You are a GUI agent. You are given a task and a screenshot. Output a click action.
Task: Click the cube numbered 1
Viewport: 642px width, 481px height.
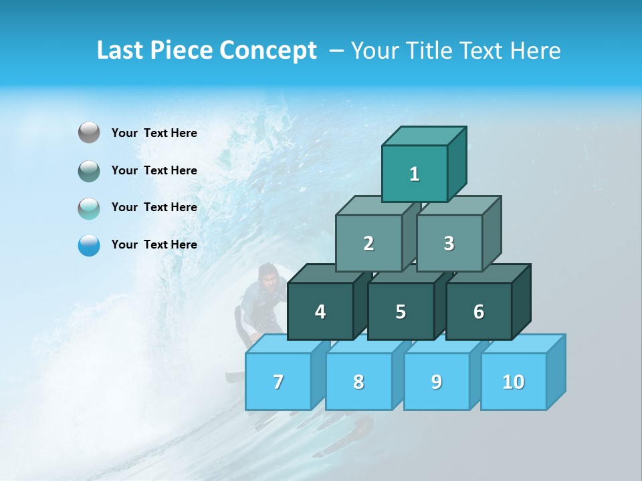coord(415,174)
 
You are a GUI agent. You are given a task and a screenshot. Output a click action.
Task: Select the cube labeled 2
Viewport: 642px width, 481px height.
coord(368,243)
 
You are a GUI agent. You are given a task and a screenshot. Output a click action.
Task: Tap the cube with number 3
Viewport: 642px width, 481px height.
coord(449,243)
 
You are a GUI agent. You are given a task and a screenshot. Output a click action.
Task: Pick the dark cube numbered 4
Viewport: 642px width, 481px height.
coord(320,311)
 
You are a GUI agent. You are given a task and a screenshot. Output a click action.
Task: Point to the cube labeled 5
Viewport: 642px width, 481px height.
coord(401,311)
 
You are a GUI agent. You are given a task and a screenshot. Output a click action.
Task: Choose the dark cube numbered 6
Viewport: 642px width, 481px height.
coord(479,311)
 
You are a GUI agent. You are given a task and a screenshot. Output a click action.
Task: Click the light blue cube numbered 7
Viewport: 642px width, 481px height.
coord(278,381)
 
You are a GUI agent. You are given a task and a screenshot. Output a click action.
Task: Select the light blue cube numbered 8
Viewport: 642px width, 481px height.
coord(358,381)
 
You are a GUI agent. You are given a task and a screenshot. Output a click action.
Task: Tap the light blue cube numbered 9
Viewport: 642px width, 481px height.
coord(437,381)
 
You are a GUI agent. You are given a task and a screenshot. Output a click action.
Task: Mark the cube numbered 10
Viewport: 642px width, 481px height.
coord(514,381)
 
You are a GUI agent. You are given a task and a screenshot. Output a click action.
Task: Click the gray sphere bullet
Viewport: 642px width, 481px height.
coord(89,133)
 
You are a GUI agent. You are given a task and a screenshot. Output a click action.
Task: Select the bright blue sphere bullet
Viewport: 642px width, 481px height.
coord(89,245)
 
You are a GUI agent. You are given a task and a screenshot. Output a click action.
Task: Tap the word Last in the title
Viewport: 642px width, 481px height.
coord(122,51)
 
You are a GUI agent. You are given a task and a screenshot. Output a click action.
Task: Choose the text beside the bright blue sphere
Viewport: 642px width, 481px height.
coord(154,245)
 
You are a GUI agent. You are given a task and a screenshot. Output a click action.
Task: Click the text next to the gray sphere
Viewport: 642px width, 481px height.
coord(154,133)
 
